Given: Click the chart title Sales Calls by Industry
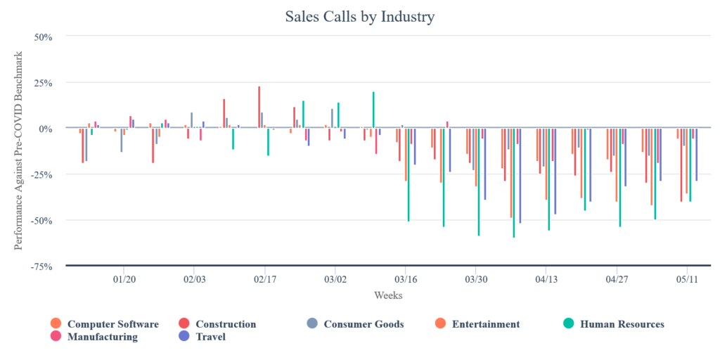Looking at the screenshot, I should (x=359, y=16).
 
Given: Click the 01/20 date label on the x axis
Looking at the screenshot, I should (x=124, y=278).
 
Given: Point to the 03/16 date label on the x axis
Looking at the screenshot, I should (x=405, y=278).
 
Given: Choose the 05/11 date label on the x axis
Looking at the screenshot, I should (x=687, y=278).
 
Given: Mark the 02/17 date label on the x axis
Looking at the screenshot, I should (x=264, y=278).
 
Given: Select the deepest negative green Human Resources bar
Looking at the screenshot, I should (x=514, y=183).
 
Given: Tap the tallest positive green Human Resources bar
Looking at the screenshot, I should (x=373, y=110).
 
